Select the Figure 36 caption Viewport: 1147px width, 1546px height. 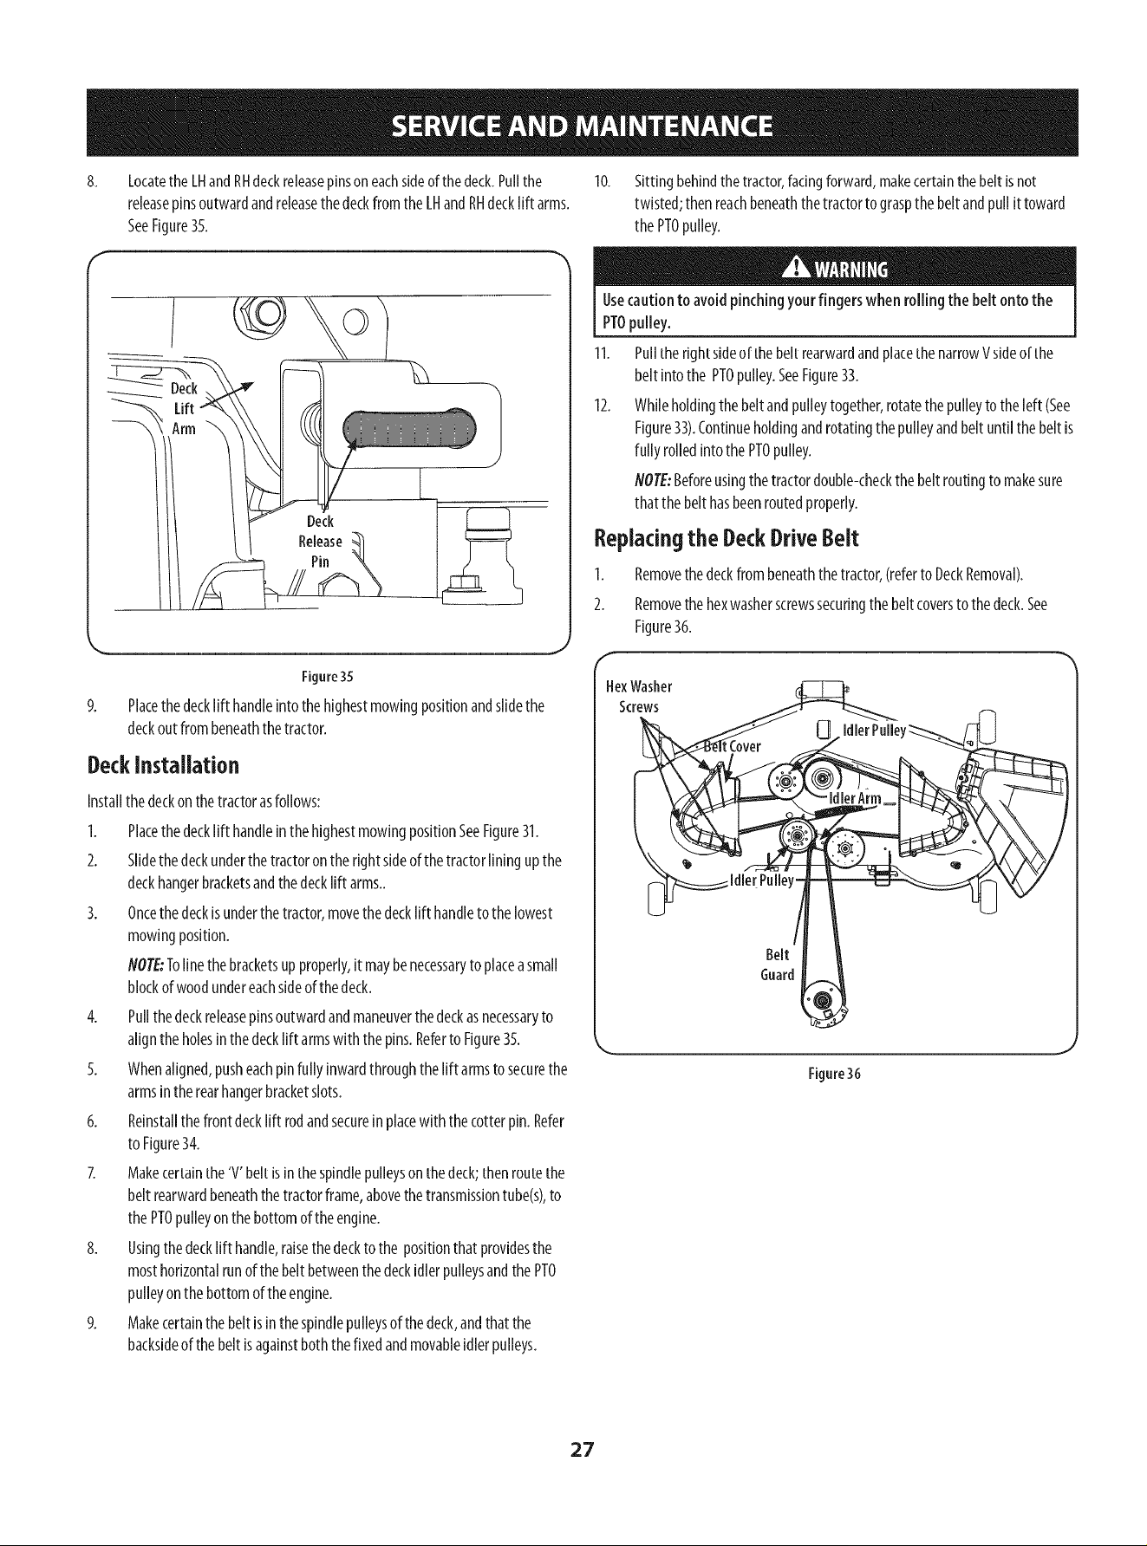point(834,1075)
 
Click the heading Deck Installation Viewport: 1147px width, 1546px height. point(163,766)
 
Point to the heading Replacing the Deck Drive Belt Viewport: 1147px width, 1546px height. point(727,539)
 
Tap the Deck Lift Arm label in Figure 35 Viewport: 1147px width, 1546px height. point(183,408)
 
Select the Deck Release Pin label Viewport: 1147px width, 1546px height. point(321,542)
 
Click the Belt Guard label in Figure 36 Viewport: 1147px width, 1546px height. point(777,965)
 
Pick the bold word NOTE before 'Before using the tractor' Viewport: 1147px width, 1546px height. point(651,481)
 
